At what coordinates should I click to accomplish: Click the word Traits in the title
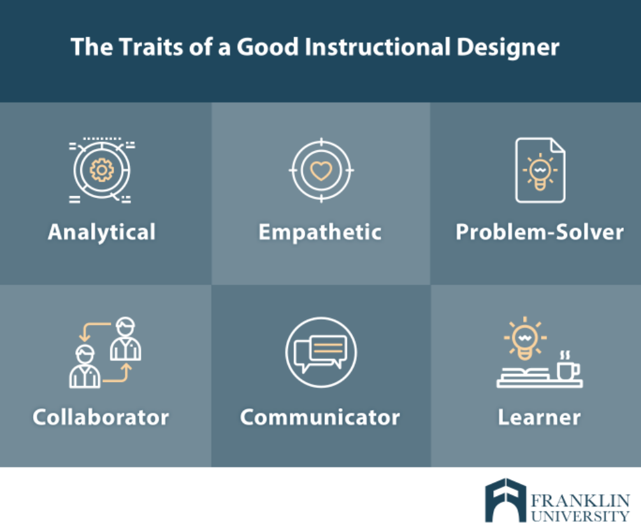[x=151, y=46]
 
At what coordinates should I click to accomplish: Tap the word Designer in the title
[x=508, y=47]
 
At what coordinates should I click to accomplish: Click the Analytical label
[x=102, y=232]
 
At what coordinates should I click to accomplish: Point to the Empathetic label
[x=320, y=232]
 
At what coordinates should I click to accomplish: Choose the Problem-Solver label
[x=540, y=232]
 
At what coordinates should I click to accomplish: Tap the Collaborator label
[x=101, y=417]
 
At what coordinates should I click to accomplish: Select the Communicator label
[x=320, y=417]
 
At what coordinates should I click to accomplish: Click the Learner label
[x=539, y=417]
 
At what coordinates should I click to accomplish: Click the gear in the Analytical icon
[x=102, y=169]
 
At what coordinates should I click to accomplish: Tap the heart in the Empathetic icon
[x=321, y=171]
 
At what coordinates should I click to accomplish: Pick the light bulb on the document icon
[x=540, y=173]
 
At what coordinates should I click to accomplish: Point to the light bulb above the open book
[x=525, y=338]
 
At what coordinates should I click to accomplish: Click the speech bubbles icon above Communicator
[x=321, y=352]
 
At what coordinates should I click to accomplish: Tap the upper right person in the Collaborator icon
[x=126, y=339]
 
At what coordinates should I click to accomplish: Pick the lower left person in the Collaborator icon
[x=85, y=366]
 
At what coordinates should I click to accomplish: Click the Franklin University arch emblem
[x=505, y=500]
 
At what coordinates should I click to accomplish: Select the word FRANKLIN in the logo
[x=580, y=501]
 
